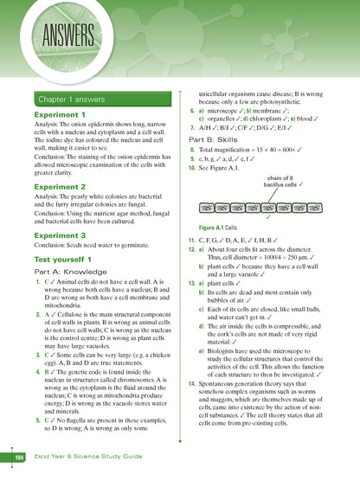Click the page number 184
coord(18,456)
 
